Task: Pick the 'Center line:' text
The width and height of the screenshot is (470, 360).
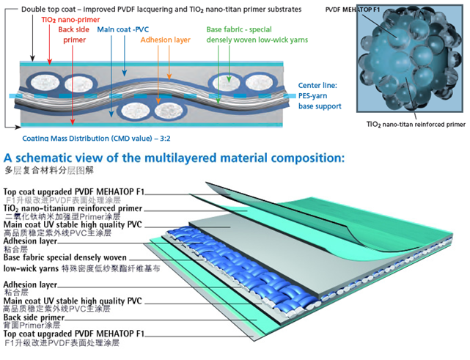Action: pyautogui.click(x=317, y=85)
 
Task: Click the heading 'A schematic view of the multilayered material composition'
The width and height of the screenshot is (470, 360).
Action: pyautogui.click(x=174, y=158)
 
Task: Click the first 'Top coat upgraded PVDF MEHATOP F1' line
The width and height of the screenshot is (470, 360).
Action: pyautogui.click(x=74, y=192)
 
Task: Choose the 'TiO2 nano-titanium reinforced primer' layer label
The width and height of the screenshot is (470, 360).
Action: pyautogui.click(x=73, y=208)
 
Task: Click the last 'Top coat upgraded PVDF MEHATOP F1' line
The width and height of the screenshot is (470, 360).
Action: pyautogui.click(x=74, y=334)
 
